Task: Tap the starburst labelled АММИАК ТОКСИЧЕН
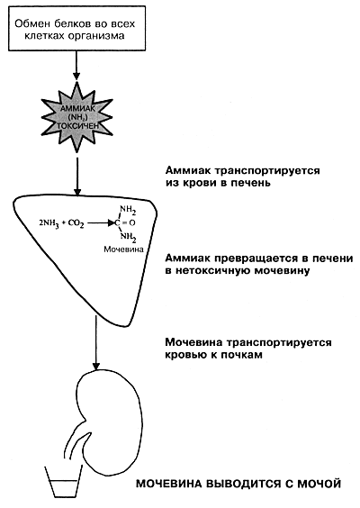pyautogui.click(x=77, y=116)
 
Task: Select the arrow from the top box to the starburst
pyautogui.click(x=76, y=66)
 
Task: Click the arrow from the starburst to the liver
pyautogui.click(x=77, y=177)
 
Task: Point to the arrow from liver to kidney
pyautogui.click(x=95, y=342)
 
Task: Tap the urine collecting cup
pyautogui.click(x=64, y=480)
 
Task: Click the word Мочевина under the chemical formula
pyautogui.click(x=123, y=249)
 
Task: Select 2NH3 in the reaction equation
pyautogui.click(x=49, y=223)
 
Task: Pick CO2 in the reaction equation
pyautogui.click(x=76, y=223)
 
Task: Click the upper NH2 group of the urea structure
pyautogui.click(x=128, y=211)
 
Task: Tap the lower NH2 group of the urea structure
pyautogui.click(x=128, y=238)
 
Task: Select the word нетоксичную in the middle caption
pyautogui.click(x=212, y=270)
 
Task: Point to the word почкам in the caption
pyautogui.click(x=241, y=355)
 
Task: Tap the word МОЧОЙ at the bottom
pyautogui.click(x=319, y=484)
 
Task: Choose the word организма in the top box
pyautogui.click(x=96, y=36)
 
